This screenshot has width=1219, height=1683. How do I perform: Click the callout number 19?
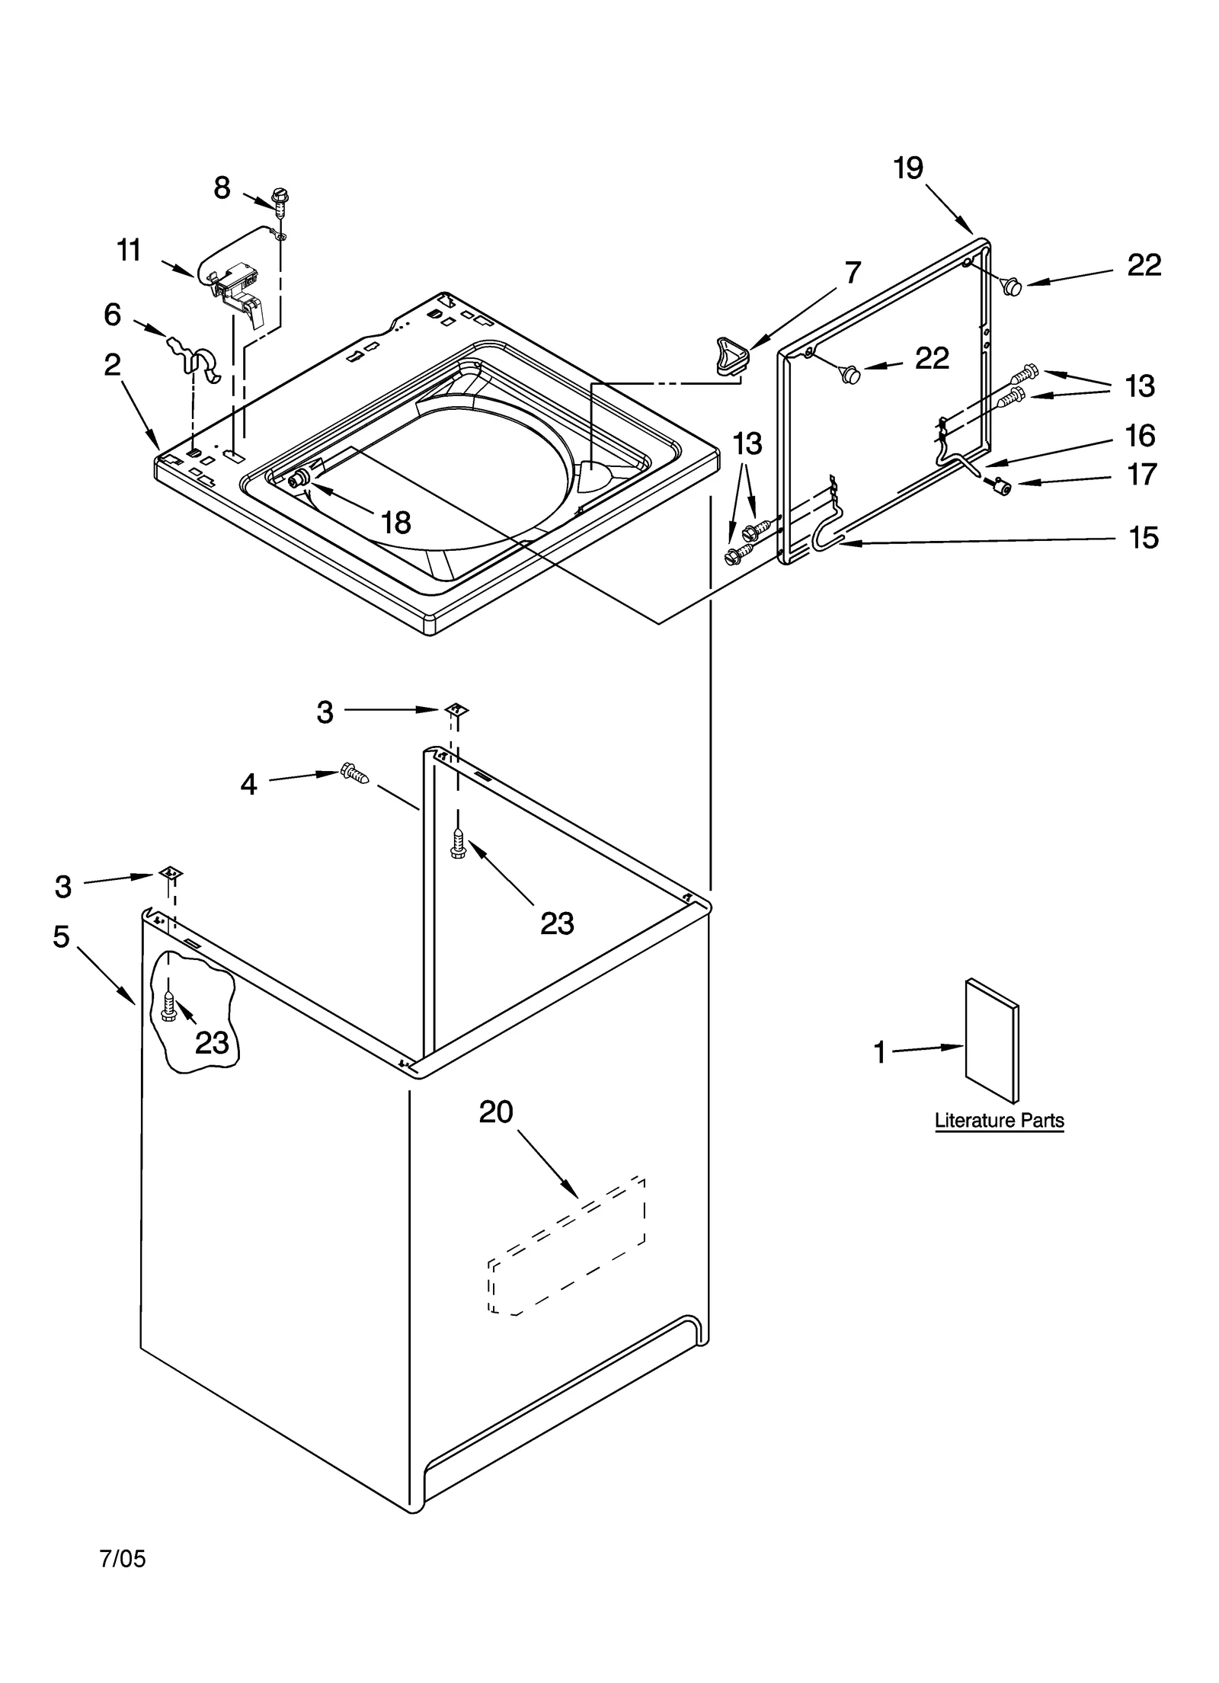(908, 168)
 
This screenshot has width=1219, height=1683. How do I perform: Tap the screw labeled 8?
(281, 200)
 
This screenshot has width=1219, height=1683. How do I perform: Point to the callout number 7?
(853, 272)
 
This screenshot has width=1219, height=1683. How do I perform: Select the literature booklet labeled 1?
(990, 1040)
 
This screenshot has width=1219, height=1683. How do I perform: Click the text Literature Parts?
(999, 1121)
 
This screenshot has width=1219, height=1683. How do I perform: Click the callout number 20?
(496, 1112)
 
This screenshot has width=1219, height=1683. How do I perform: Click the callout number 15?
(1143, 538)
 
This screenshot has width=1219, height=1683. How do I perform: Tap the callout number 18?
(395, 523)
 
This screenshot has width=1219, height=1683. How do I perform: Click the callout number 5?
(61, 936)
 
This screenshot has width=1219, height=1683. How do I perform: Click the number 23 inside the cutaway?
(212, 1043)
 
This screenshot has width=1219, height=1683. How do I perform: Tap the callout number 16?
(1140, 436)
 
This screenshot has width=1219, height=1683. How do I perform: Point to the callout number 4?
(249, 784)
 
